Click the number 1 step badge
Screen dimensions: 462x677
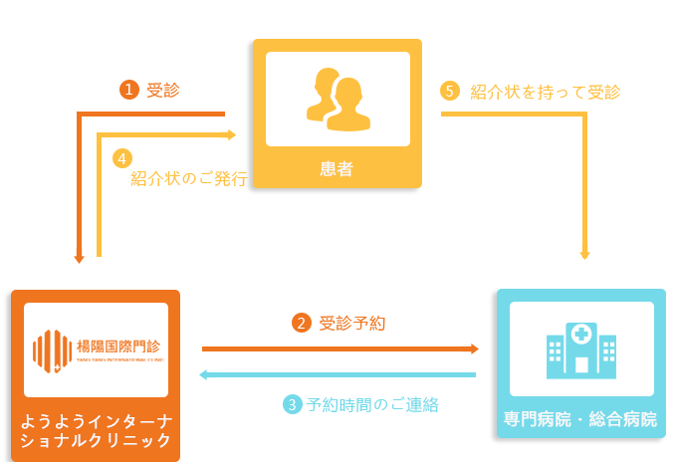[x=127, y=90]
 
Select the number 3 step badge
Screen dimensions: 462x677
[x=292, y=404]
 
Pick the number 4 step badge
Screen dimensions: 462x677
[x=121, y=158]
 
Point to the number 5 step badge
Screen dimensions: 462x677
[x=449, y=91]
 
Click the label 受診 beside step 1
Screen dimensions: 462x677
[x=162, y=91]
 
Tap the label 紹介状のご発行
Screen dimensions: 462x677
[x=189, y=179]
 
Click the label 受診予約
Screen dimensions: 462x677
[x=353, y=324]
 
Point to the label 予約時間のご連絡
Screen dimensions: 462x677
[x=372, y=405]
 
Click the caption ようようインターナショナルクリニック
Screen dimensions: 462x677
[x=96, y=429]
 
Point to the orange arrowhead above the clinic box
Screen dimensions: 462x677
[x=79, y=256]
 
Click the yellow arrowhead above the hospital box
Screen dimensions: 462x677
[x=584, y=252]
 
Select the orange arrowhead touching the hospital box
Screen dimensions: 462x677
[x=471, y=348]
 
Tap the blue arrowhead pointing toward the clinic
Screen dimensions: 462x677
[x=207, y=374]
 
